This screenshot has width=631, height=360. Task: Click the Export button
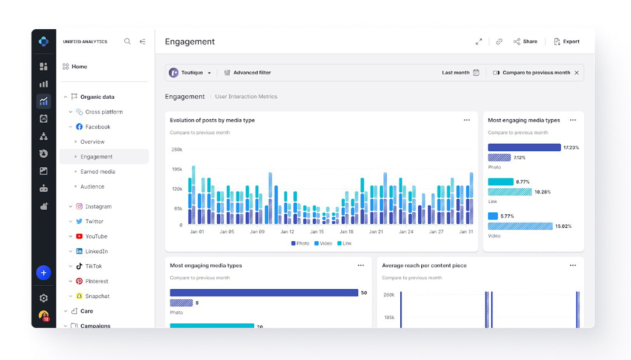click(x=566, y=41)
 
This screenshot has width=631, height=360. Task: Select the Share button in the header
click(x=525, y=41)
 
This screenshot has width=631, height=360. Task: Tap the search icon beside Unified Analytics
click(x=127, y=41)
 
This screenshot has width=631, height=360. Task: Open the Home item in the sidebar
click(x=79, y=67)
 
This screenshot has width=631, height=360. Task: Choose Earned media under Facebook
click(x=98, y=172)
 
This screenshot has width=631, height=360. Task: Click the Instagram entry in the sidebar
click(x=98, y=206)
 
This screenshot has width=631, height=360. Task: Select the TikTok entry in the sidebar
click(x=93, y=266)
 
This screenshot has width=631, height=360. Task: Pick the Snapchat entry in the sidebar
click(x=97, y=296)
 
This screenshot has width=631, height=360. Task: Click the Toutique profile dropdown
click(x=190, y=72)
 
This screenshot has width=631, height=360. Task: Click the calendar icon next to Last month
click(x=476, y=72)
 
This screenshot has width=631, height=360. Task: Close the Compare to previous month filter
click(x=577, y=72)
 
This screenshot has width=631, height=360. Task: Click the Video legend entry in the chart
click(x=323, y=243)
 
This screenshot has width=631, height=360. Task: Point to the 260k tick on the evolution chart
click(x=176, y=150)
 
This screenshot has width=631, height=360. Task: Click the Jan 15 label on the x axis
click(x=317, y=232)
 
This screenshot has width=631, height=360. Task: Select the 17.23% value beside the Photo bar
click(x=571, y=148)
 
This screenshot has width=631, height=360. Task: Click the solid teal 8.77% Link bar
click(x=500, y=182)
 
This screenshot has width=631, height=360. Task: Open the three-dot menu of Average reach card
click(x=573, y=265)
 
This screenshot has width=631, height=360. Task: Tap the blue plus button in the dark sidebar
click(x=43, y=272)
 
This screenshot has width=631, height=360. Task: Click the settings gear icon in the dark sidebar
click(x=43, y=298)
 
